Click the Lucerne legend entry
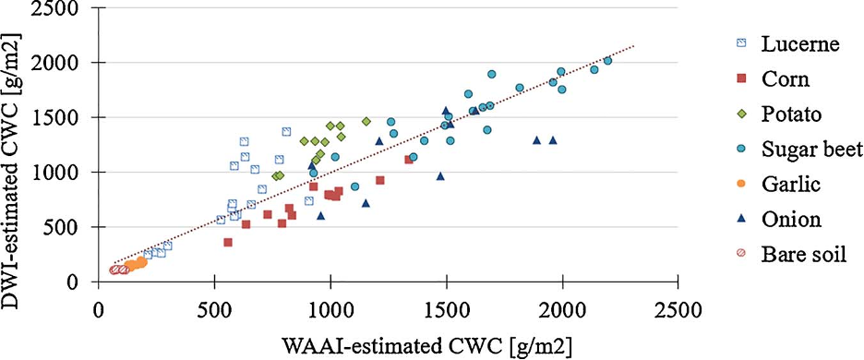(800, 44)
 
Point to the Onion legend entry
(791, 220)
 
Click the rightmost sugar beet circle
(607, 61)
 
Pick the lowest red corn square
(228, 243)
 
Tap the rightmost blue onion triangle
(553, 140)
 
